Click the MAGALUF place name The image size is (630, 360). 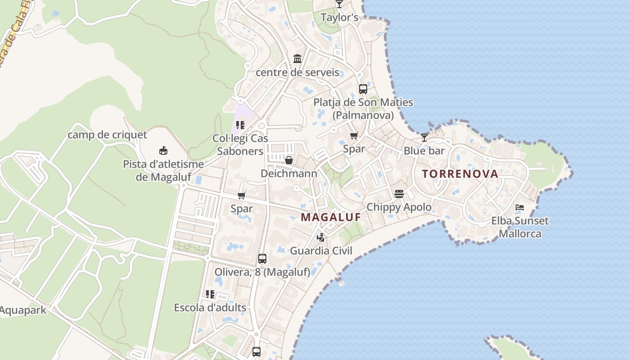pyautogui.click(x=331, y=217)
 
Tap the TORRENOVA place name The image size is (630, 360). pyautogui.click(x=460, y=174)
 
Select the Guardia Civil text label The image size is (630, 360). pyautogui.click(x=321, y=251)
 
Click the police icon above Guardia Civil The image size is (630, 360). pyautogui.click(x=320, y=237)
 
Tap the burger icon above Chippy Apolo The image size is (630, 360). pyautogui.click(x=399, y=194)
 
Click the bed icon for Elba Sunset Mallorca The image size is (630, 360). pyautogui.click(x=520, y=207)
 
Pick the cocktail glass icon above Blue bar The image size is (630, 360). pyautogui.click(x=424, y=137)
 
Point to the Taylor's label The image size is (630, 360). pyautogui.click(x=339, y=18)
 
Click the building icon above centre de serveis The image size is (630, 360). pyautogui.click(x=297, y=59)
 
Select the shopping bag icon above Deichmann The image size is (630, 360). pyautogui.click(x=289, y=160)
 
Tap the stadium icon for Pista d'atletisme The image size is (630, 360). pyautogui.click(x=163, y=151)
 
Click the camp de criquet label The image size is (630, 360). pyautogui.click(x=107, y=135)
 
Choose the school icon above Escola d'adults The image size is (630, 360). pyautogui.click(x=210, y=294)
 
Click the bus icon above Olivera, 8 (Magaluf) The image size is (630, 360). pyautogui.click(x=262, y=259)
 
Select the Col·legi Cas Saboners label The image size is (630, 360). pyautogui.click(x=240, y=144)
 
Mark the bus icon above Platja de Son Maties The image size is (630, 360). pyautogui.click(x=363, y=89)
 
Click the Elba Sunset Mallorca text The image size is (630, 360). pyautogui.click(x=520, y=227)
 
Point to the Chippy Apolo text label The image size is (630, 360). pyautogui.click(x=399, y=207)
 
